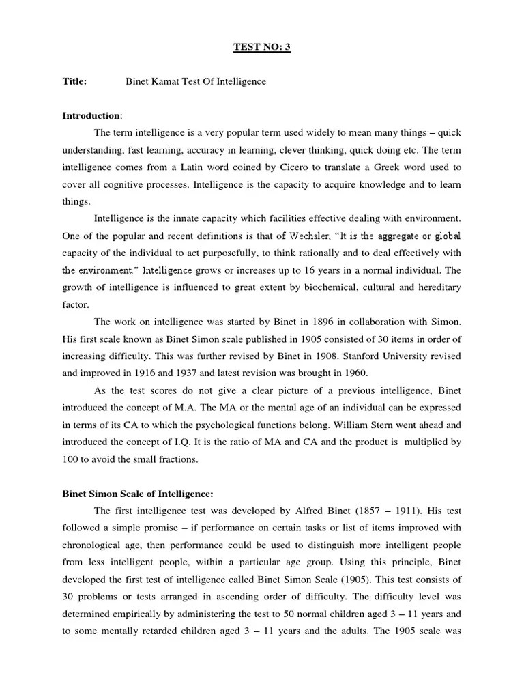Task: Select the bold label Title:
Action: [x=74, y=82]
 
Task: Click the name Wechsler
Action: [x=272, y=235]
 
